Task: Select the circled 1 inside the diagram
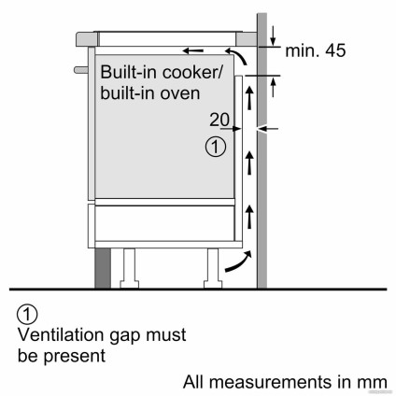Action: [215, 146]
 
